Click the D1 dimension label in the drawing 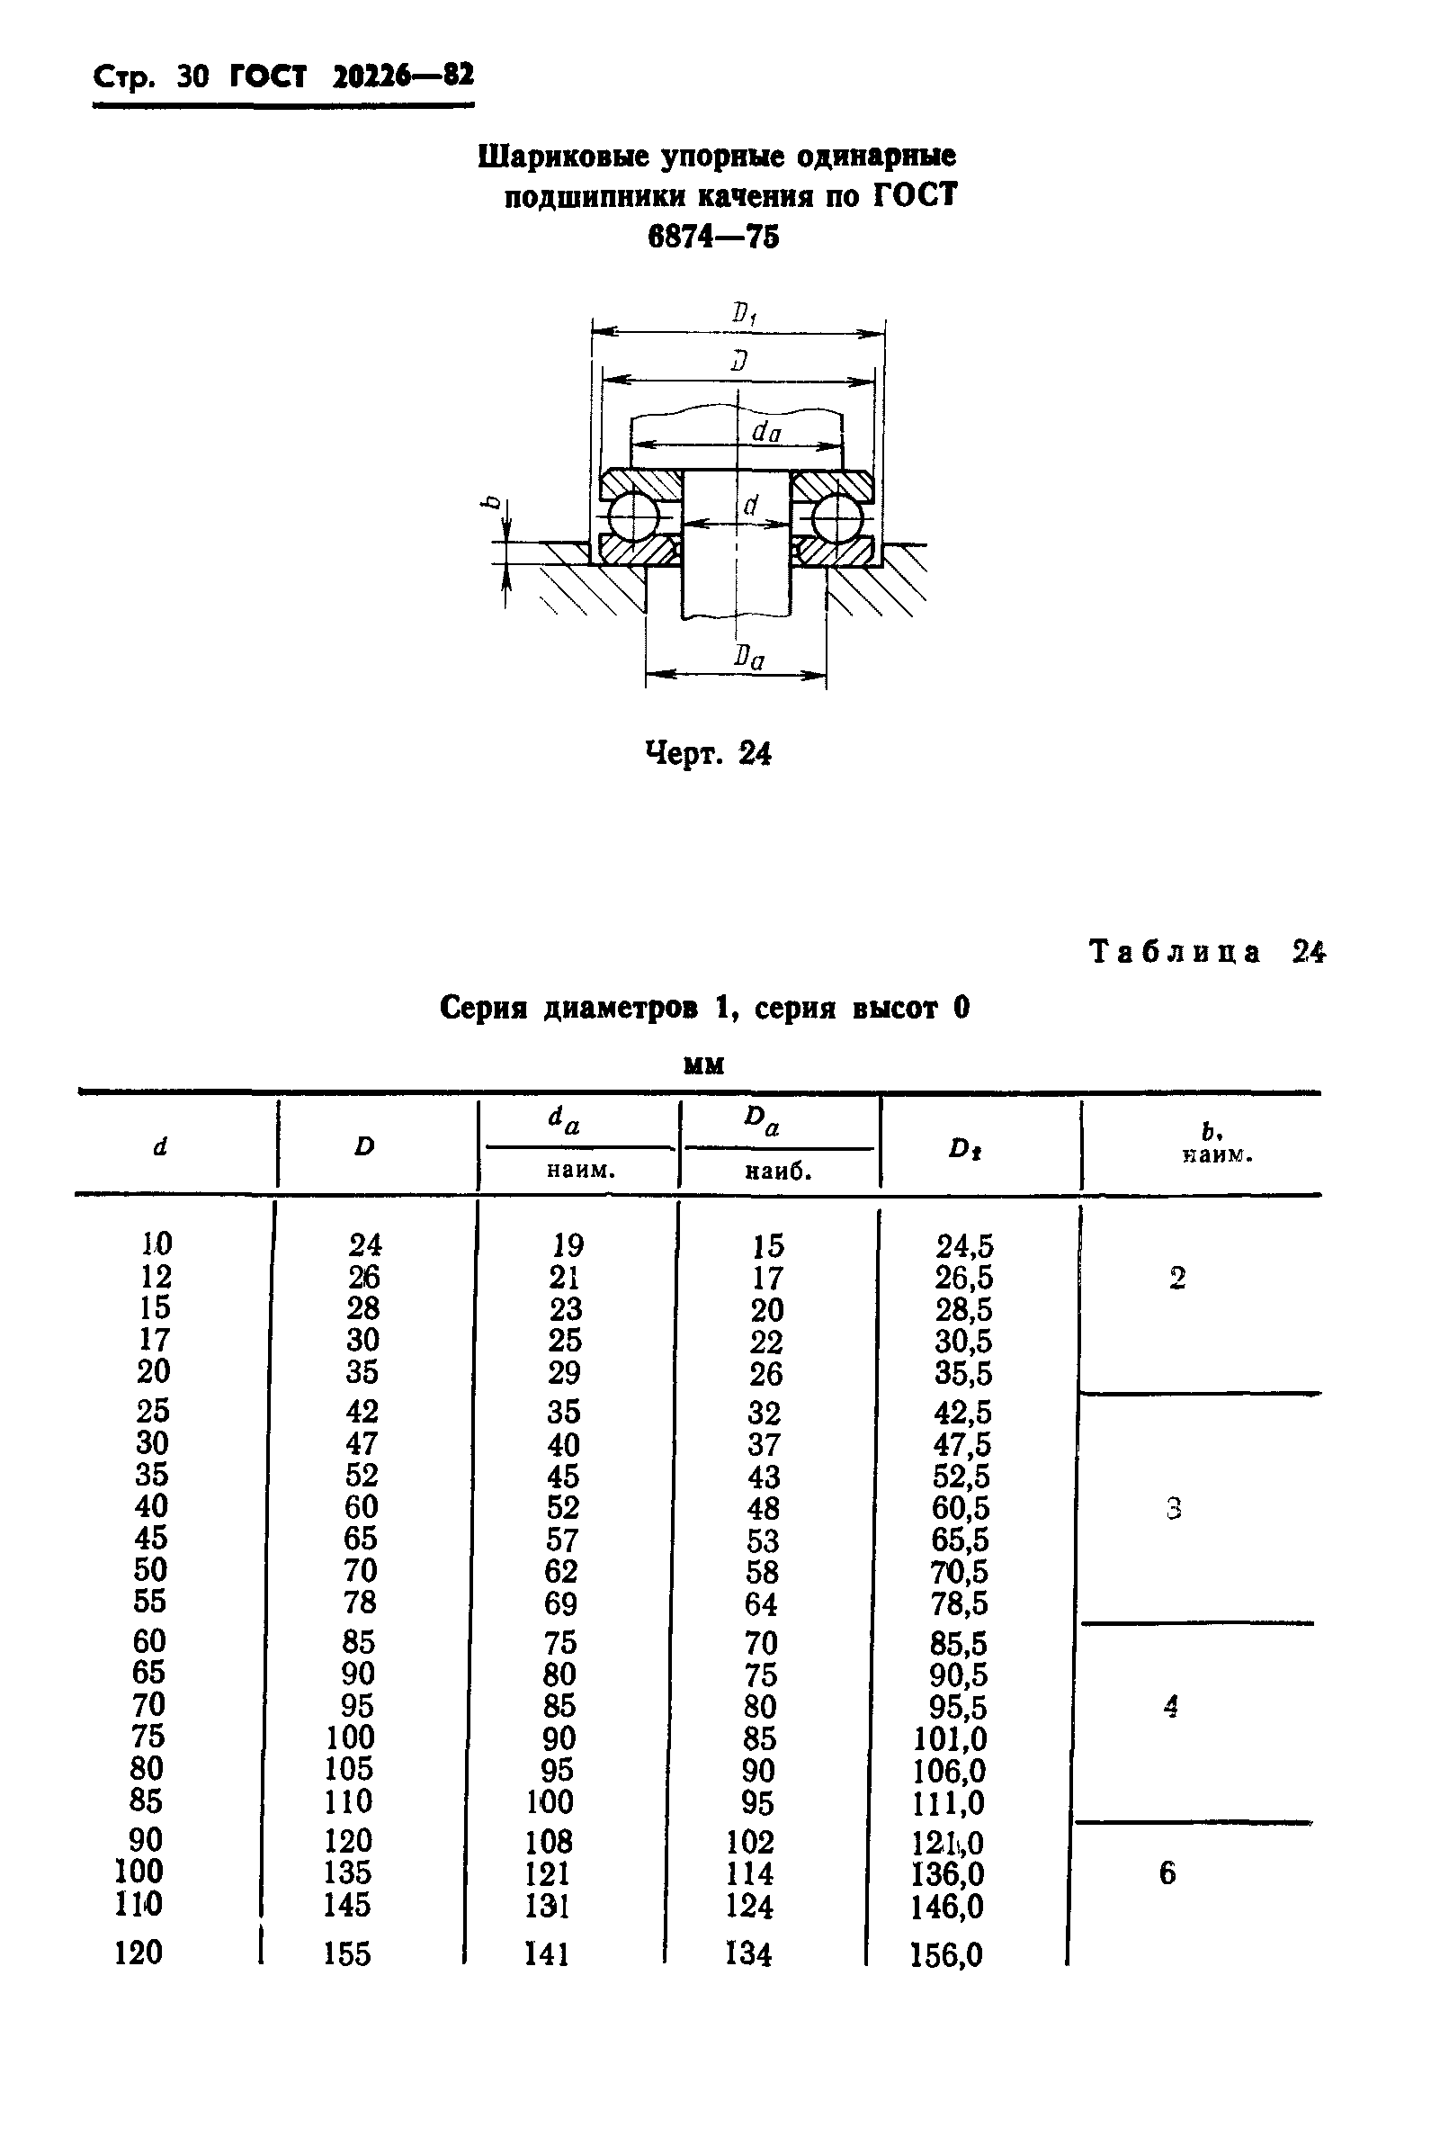tap(743, 314)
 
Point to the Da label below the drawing tap(748, 658)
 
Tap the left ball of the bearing tap(633, 517)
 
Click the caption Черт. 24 tap(708, 754)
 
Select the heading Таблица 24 tap(1207, 952)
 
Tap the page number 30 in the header tap(192, 77)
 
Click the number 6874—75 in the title tap(713, 237)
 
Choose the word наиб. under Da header tap(778, 1172)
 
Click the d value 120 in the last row tap(139, 1952)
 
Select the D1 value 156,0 tap(946, 1954)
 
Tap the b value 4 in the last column tap(1170, 1706)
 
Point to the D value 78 tap(360, 1602)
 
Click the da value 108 tap(550, 1841)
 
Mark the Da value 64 tap(762, 1604)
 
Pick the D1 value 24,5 tap(964, 1246)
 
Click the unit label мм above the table tap(704, 1064)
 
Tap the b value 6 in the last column tap(1167, 1872)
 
